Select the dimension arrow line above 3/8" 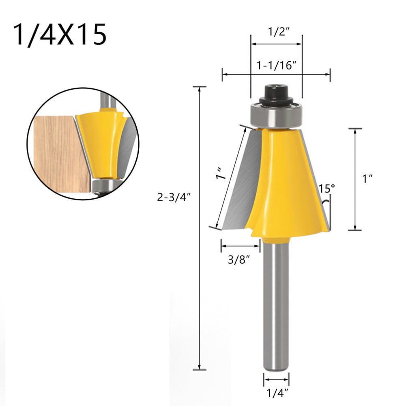tap(240, 246)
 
